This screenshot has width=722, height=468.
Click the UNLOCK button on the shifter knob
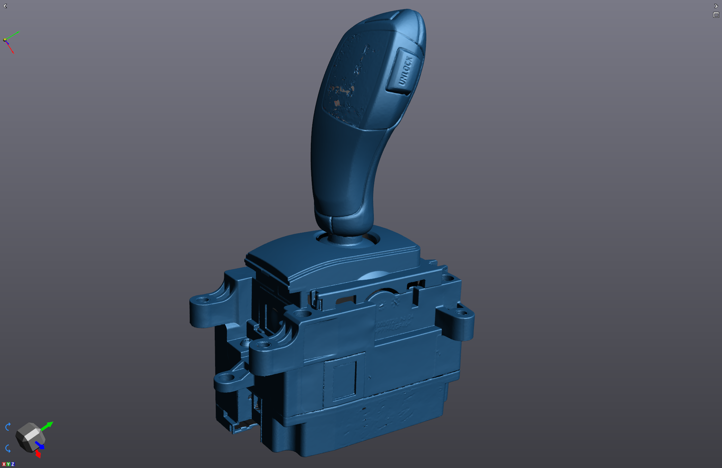click(x=404, y=71)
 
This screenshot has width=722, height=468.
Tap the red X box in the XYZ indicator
click(x=3, y=465)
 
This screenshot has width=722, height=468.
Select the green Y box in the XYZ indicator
click(x=8, y=465)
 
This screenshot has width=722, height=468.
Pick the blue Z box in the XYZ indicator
click(x=12, y=465)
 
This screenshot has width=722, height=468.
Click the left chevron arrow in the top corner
click(x=5, y=6)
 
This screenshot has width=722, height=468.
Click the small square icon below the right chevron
click(x=716, y=15)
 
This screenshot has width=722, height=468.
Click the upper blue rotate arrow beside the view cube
click(x=7, y=427)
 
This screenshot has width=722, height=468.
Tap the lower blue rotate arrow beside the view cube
click(x=7, y=448)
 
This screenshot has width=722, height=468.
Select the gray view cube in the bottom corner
click(x=28, y=437)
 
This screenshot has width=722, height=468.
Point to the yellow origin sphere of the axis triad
click(x=5, y=40)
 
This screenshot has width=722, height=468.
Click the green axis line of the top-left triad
click(x=13, y=35)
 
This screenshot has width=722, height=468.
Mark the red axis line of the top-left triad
click(x=10, y=48)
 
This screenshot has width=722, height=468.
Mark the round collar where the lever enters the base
click(x=347, y=239)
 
